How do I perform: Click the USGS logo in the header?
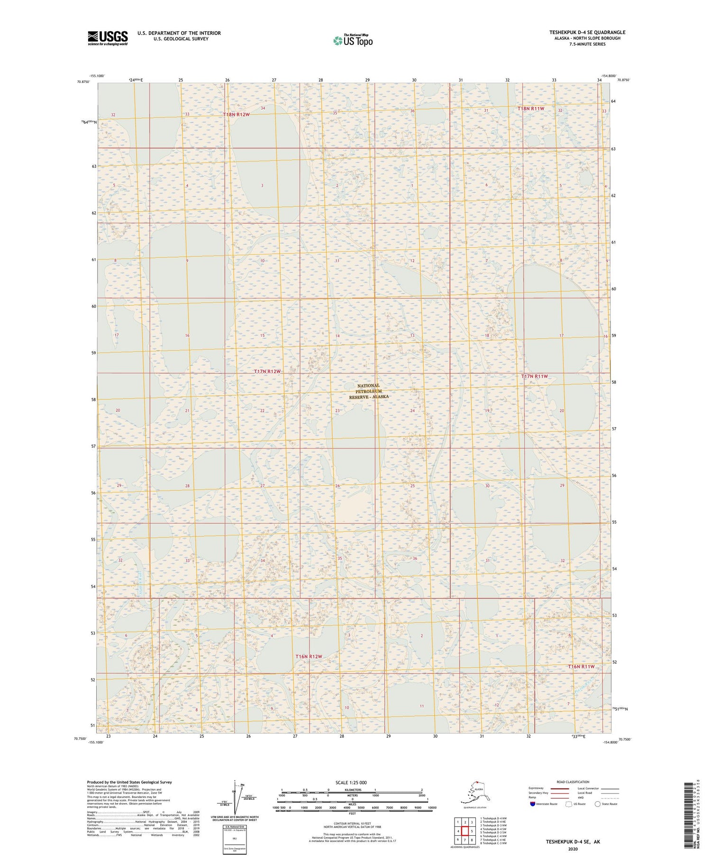[x=108, y=38]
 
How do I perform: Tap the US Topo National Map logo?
[x=353, y=40]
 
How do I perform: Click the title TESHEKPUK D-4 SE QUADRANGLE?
[x=587, y=32]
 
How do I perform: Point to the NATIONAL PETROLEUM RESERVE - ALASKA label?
[x=369, y=391]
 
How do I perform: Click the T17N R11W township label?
[x=534, y=376]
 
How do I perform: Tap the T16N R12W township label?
[x=309, y=656]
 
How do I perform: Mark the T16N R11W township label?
[x=581, y=666]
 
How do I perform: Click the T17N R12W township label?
[x=267, y=371]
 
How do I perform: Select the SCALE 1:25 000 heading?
[x=351, y=782]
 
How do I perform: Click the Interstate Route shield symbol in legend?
[x=532, y=804]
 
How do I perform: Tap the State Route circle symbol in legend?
[x=597, y=804]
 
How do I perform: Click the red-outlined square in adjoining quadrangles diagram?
[x=465, y=831]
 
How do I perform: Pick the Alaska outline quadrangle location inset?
[x=474, y=792]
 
